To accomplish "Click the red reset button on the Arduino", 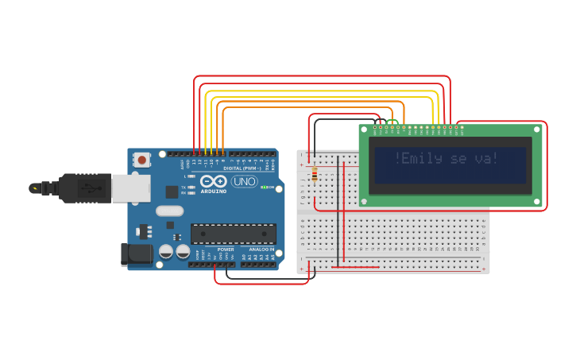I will (141, 160).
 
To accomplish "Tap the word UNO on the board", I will (244, 181).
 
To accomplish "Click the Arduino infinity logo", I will (214, 181).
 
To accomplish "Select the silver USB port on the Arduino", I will (130, 188).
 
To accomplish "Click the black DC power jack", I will (135, 254).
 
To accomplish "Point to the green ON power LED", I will (263, 188).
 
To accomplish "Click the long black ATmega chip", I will (233, 234).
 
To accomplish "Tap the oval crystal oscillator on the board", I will (169, 211).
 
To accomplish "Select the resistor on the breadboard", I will (315, 174).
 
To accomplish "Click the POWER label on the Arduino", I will (226, 250).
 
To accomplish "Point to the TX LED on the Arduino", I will (184, 188).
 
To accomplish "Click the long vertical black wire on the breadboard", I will (338, 211).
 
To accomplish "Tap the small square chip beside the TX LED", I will (172, 192).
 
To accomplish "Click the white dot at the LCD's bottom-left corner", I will (365, 202).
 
